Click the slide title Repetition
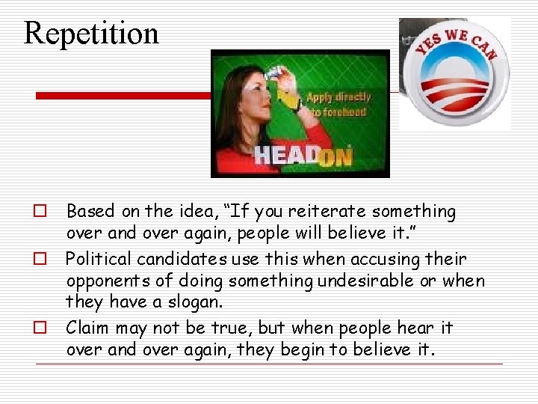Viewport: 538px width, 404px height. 91,34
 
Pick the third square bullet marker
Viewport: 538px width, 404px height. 40,328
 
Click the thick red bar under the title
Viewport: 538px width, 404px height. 123,96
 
